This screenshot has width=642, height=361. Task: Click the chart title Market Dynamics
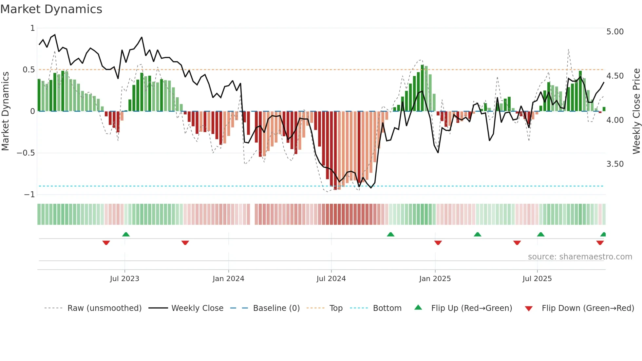pos(51,9)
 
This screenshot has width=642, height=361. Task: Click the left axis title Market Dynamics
pos(5,111)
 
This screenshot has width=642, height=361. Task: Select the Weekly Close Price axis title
pos(636,111)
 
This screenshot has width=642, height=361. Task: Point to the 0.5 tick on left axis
pos(28,70)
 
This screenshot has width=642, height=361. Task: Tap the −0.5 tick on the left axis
pos(26,153)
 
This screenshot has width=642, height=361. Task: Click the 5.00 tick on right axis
pos(615,32)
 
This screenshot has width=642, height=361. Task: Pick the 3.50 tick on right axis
pos(615,164)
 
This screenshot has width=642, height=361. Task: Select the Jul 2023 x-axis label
pos(124,279)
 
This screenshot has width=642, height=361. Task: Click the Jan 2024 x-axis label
pos(228,279)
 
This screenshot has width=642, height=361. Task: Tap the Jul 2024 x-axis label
pos(331,279)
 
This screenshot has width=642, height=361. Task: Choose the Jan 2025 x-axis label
pos(435,279)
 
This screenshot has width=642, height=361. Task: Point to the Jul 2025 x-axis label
pos(537,279)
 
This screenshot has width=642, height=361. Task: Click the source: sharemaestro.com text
pos(580,257)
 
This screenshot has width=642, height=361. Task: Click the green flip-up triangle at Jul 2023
pos(126,234)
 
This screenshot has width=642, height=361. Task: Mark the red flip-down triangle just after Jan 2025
pos(438,243)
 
